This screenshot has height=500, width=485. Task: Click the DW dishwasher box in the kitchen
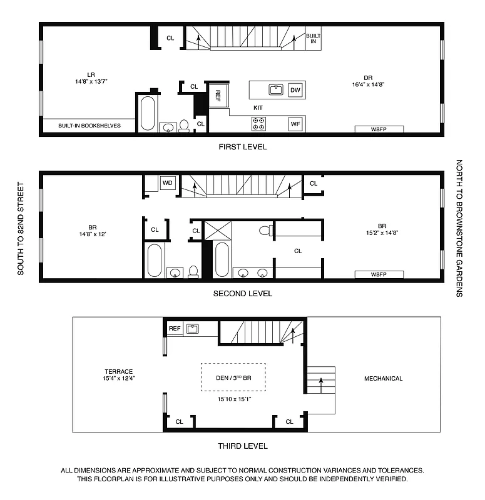click(295, 91)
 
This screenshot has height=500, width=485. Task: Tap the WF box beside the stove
click(295, 124)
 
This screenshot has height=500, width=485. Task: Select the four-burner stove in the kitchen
click(258, 124)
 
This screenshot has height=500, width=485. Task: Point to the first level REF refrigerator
click(218, 96)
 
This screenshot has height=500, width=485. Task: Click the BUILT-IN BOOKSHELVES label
click(89, 126)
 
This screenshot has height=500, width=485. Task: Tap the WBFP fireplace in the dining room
click(379, 129)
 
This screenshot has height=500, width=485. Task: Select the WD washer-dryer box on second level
click(167, 183)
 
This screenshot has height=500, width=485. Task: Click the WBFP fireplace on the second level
click(379, 274)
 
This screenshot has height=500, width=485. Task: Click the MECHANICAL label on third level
click(384, 379)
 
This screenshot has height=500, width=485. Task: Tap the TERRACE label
click(118, 372)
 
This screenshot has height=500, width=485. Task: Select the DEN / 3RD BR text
click(232, 377)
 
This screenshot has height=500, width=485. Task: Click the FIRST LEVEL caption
click(242, 147)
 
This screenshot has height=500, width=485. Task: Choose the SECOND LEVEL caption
click(242, 294)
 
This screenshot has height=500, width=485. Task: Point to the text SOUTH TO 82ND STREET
click(21, 229)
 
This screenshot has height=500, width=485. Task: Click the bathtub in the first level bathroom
click(148, 113)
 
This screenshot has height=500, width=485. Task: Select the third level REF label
click(175, 329)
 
